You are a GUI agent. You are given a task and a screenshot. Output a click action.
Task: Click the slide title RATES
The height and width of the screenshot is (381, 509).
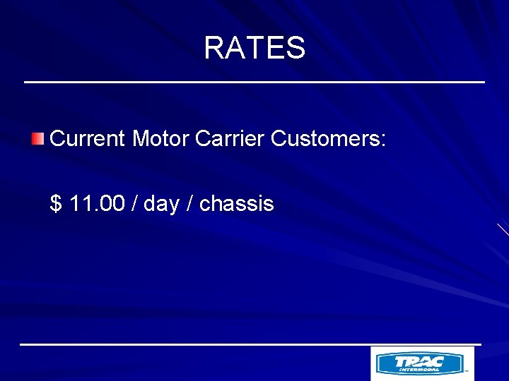[255, 48]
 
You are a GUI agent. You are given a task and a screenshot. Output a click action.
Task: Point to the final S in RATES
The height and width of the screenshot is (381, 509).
[296, 48]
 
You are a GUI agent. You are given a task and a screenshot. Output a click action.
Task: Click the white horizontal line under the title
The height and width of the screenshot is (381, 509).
[255, 83]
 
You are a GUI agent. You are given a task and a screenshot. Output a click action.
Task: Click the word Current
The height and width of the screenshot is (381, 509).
[88, 138]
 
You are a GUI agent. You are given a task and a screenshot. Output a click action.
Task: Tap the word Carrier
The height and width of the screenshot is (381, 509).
[230, 138]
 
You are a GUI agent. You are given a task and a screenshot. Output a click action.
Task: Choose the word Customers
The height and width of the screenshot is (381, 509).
[324, 138]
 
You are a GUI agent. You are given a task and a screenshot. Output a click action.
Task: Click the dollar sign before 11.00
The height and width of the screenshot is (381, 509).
[56, 204]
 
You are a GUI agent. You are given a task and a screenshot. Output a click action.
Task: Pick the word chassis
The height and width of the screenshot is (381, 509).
[236, 204]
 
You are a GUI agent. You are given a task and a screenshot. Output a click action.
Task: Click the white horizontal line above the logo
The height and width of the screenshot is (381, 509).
[250, 344]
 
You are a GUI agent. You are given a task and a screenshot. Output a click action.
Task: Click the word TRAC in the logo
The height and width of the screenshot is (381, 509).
[420, 361]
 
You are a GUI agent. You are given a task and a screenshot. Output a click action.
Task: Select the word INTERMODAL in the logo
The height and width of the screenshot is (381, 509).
[419, 369]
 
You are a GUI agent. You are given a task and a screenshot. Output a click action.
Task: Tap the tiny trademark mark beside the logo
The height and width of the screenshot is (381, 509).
[467, 370]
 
